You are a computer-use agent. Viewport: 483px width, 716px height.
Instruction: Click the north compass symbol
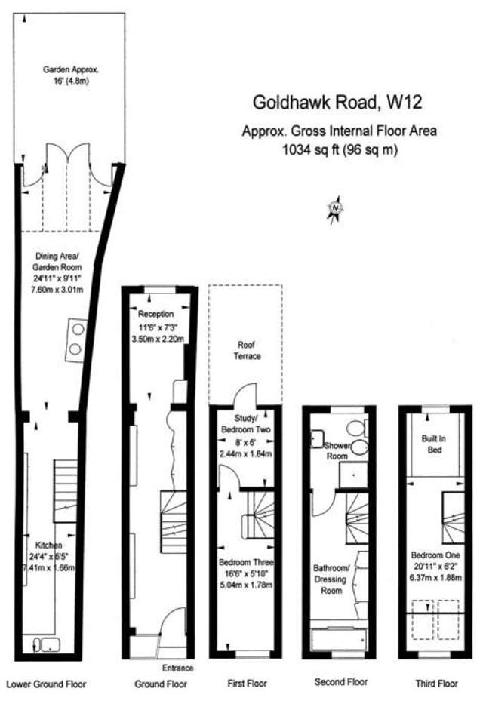click(x=335, y=209)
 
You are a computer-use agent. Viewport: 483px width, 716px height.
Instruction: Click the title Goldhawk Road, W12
click(x=337, y=102)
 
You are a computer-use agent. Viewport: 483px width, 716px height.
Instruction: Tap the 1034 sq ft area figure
click(x=340, y=150)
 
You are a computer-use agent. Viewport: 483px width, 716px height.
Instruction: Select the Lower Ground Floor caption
click(x=46, y=684)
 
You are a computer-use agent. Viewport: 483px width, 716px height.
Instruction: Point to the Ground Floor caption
click(x=161, y=684)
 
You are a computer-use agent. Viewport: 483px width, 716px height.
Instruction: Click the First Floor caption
click(x=248, y=684)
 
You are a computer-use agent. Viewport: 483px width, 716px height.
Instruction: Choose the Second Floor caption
click(x=341, y=682)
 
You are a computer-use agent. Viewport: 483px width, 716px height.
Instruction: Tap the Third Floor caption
click(x=436, y=684)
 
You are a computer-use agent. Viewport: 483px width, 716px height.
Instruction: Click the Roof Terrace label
click(x=247, y=350)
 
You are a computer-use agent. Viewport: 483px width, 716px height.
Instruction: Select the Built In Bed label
click(x=434, y=444)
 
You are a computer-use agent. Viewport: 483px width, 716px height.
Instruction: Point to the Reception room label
click(x=155, y=314)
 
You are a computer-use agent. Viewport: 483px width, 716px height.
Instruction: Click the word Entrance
click(x=178, y=668)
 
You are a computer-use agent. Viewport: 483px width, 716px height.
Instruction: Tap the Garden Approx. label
click(x=71, y=70)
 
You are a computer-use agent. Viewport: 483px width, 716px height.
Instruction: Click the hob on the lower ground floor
click(x=76, y=340)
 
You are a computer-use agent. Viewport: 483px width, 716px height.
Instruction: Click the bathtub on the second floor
click(x=339, y=640)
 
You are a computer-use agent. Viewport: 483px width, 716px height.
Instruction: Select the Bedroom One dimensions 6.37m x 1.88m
click(x=435, y=578)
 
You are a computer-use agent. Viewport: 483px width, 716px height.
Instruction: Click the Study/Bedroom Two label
click(x=245, y=424)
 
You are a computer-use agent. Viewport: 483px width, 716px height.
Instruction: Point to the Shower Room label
click(x=337, y=450)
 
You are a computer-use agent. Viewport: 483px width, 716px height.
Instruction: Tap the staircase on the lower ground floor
click(x=66, y=491)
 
